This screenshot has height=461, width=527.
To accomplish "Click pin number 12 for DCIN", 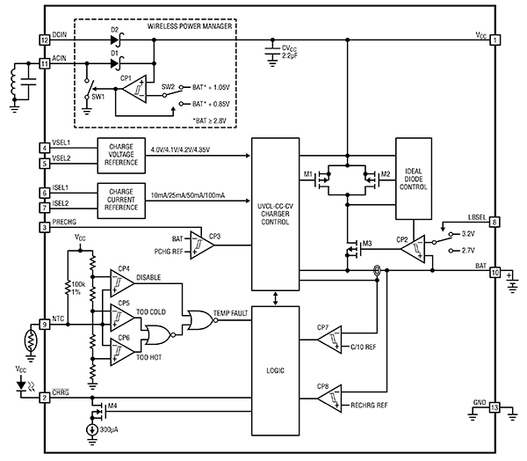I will click(44, 40).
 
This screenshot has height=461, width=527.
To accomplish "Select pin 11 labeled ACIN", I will click(44, 64).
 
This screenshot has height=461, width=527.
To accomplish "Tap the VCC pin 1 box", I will click(495, 40).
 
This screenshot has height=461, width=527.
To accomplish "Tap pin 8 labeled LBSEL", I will click(495, 223).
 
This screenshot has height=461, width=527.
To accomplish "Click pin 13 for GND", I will click(495, 407).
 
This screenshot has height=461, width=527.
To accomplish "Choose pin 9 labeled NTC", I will click(44, 324).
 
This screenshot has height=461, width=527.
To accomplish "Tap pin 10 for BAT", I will click(495, 273).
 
